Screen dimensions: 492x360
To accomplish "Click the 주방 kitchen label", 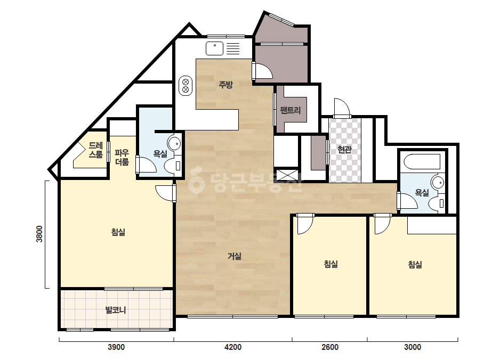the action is [x=225, y=84].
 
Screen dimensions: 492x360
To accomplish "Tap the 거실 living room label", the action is [x=235, y=256].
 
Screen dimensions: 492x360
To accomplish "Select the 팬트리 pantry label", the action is [x=291, y=110].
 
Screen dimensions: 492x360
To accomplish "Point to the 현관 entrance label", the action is [x=344, y=150].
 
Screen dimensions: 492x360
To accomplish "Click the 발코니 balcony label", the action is [x=116, y=310].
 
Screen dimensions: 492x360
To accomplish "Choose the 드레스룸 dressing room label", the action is [x=96, y=150].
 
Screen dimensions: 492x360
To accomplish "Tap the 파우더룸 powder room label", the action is [x=122, y=158].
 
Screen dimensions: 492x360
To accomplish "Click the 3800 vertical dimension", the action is [x=39, y=234].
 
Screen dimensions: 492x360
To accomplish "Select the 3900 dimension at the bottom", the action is [x=116, y=347].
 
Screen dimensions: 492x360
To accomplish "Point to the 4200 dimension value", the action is [x=233, y=347].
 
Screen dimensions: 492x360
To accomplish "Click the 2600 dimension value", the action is [x=330, y=347].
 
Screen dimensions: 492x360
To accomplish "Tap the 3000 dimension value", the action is [x=412, y=347].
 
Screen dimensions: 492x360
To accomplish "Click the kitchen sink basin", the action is [x=215, y=48].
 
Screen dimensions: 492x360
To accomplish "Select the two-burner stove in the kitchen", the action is [x=185, y=86].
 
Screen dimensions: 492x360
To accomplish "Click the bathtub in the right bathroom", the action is [x=422, y=161].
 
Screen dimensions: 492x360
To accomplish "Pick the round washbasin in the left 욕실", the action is [x=174, y=144].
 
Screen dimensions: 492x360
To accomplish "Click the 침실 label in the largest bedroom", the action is [x=118, y=232].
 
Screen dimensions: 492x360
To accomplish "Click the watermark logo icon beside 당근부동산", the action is [x=196, y=182].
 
